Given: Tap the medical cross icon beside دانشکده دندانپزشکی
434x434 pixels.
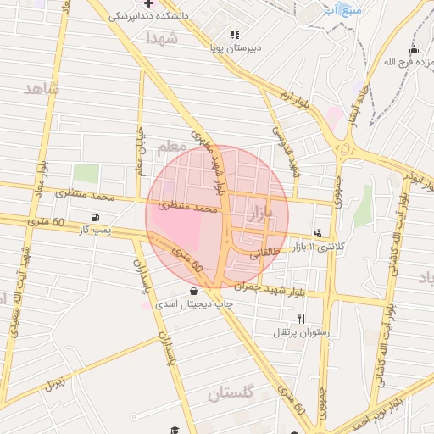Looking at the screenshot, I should point(149,3).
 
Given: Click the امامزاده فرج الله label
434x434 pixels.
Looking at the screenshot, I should point(398,62).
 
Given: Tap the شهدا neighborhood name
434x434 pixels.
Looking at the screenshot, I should point(161,39).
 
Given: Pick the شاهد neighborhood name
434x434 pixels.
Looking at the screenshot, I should point(42,89).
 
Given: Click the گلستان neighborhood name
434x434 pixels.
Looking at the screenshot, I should point(231,393).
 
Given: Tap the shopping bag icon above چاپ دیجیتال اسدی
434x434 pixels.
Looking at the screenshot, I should point(195,290).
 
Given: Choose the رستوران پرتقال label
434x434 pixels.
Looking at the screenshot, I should point(293,332).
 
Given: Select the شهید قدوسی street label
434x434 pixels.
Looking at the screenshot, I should point(286,146).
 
